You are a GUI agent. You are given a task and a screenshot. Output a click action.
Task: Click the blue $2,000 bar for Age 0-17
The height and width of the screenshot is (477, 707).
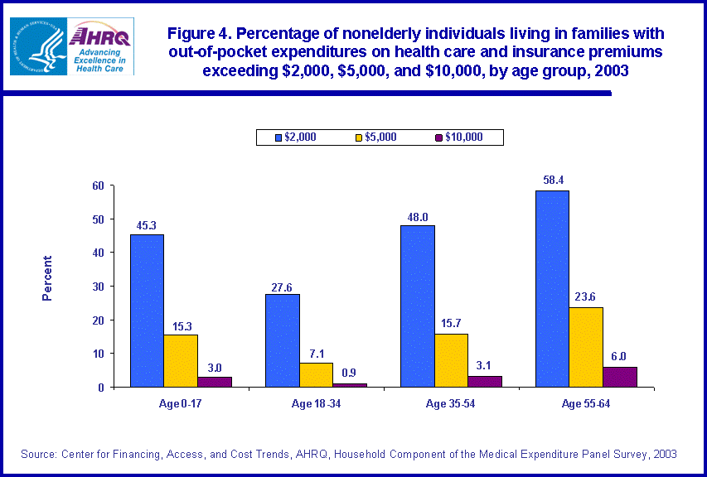coord(146,311)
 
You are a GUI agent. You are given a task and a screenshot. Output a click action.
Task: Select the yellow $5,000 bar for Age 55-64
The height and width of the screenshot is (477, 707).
coord(586,347)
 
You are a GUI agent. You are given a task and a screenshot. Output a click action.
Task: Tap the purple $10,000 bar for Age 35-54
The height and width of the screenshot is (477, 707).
coord(484,382)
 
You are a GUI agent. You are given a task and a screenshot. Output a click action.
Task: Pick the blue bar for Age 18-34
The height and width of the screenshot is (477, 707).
coord(282,340)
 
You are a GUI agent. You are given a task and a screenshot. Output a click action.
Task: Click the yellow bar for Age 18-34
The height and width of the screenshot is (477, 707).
coord(315,375)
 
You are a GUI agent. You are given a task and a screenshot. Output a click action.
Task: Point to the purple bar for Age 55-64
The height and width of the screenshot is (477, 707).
coord(619,377)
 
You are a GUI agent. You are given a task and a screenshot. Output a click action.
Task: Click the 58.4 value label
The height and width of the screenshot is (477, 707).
coord(552,180)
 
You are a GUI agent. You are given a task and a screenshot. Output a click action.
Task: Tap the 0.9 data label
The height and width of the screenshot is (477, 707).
coord(349,373)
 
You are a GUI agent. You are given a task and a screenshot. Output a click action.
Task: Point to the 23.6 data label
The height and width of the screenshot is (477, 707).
coord(586,297)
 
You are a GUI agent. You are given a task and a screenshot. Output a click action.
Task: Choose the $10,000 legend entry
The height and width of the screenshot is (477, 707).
coord(458,137)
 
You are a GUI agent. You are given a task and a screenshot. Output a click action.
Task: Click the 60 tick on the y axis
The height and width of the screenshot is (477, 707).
coord(98,185)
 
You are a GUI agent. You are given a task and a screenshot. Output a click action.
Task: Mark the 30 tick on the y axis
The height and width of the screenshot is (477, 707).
coord(98,287)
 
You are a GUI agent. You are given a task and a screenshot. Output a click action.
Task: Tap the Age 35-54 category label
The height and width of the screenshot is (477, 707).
coord(451,404)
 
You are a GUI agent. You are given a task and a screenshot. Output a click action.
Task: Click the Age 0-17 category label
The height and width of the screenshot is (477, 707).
coord(180,404)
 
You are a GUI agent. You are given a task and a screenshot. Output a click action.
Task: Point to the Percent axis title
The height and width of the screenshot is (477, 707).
coord(47,277)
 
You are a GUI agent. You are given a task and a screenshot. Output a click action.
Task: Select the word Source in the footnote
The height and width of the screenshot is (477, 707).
coord(41,454)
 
